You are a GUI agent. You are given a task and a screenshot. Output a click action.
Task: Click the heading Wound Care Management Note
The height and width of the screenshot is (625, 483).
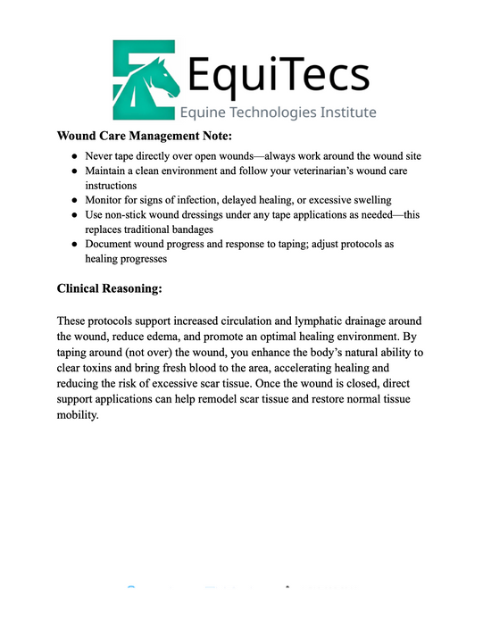[x=144, y=136]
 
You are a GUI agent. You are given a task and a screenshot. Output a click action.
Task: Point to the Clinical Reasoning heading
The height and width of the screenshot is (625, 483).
[x=110, y=289]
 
